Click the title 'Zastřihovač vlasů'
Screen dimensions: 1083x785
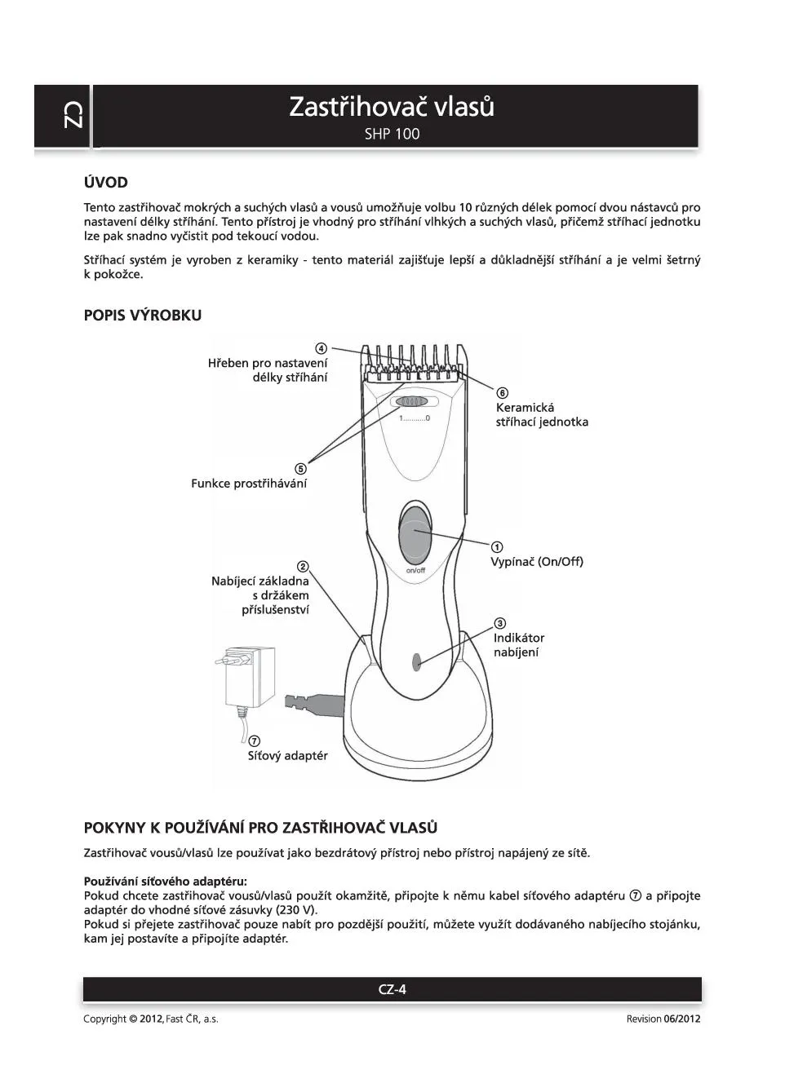[392, 107]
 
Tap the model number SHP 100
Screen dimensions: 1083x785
[392, 134]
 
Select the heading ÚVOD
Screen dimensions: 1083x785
[105, 182]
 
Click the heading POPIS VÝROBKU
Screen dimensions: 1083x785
[142, 316]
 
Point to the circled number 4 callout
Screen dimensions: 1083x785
[322, 348]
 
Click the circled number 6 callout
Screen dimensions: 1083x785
[502, 393]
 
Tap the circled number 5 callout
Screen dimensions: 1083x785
[301, 469]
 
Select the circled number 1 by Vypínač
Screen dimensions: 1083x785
[496, 546]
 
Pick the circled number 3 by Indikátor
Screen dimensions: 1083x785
[500, 624]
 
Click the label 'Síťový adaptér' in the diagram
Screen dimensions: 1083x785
[287, 756]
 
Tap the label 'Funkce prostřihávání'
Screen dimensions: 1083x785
[249, 484]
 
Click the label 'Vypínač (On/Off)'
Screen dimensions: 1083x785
[536, 562]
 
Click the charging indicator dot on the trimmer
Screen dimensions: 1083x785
[416, 661]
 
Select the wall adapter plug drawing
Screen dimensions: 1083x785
[248, 677]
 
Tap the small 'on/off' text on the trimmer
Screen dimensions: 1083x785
[415, 570]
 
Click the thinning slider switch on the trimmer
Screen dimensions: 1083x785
[411, 402]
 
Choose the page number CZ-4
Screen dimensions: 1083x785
[392, 989]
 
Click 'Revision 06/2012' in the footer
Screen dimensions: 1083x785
[663, 1019]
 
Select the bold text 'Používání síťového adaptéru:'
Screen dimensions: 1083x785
[165, 881]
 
